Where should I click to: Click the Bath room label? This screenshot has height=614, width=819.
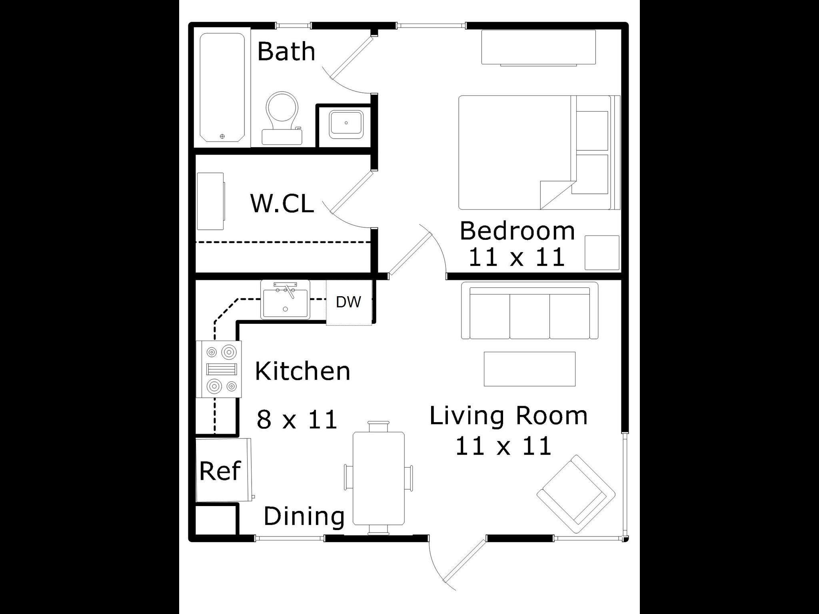[x=286, y=52]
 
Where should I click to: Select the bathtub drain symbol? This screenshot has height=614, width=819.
[x=222, y=136]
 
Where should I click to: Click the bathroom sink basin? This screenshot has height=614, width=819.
[x=346, y=124]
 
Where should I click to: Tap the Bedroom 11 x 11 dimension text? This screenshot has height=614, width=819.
[x=517, y=257]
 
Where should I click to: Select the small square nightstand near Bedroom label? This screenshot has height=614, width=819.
[x=602, y=253]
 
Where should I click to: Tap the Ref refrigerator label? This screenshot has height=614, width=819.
[x=220, y=470]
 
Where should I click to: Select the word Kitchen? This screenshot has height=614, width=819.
[x=302, y=371]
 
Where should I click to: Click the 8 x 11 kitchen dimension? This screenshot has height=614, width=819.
[x=297, y=420]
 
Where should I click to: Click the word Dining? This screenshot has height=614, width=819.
[x=304, y=516]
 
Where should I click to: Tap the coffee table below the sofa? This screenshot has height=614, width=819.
[x=529, y=369]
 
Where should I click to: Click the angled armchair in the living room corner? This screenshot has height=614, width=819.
[x=576, y=494]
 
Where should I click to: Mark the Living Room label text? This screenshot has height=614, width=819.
[x=508, y=416]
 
